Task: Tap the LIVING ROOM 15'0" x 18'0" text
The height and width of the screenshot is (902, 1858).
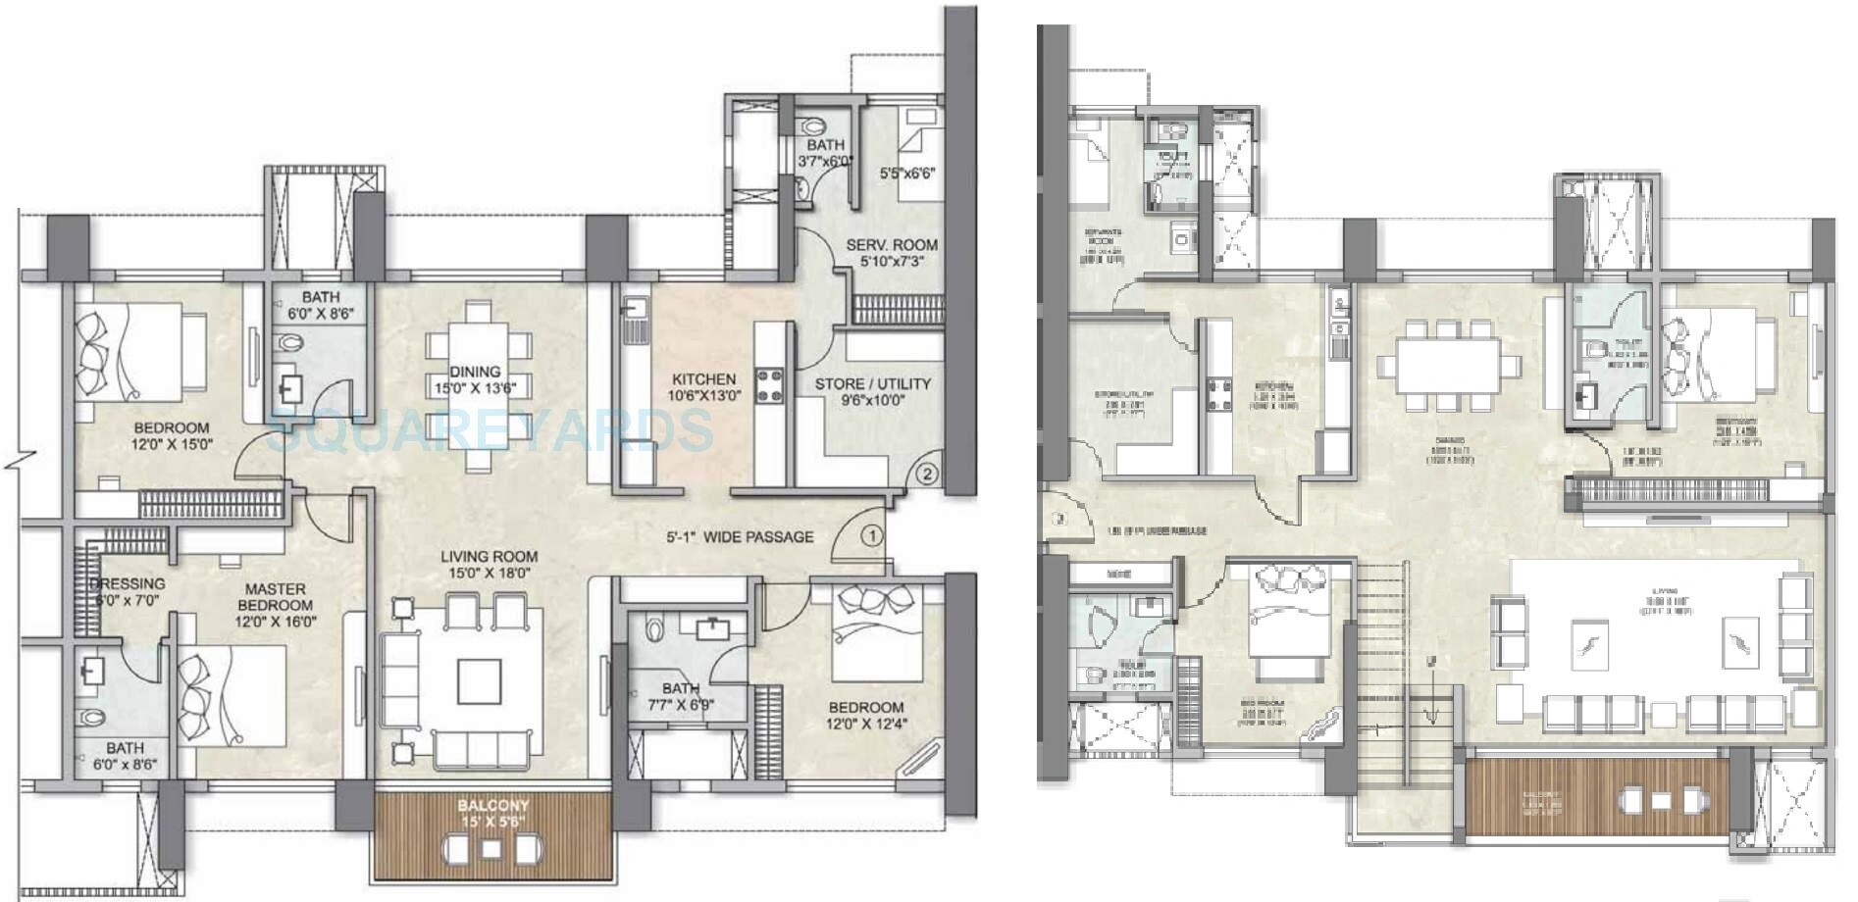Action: [x=488, y=566]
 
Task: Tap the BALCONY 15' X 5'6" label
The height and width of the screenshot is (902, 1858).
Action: [x=492, y=814]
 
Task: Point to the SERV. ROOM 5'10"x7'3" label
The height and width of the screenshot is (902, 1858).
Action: [x=892, y=253]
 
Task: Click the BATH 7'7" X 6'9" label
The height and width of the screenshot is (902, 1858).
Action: [x=680, y=696]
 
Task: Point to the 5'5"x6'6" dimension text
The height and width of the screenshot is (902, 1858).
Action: [x=908, y=174]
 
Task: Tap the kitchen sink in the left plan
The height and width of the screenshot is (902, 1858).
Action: [x=631, y=314]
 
